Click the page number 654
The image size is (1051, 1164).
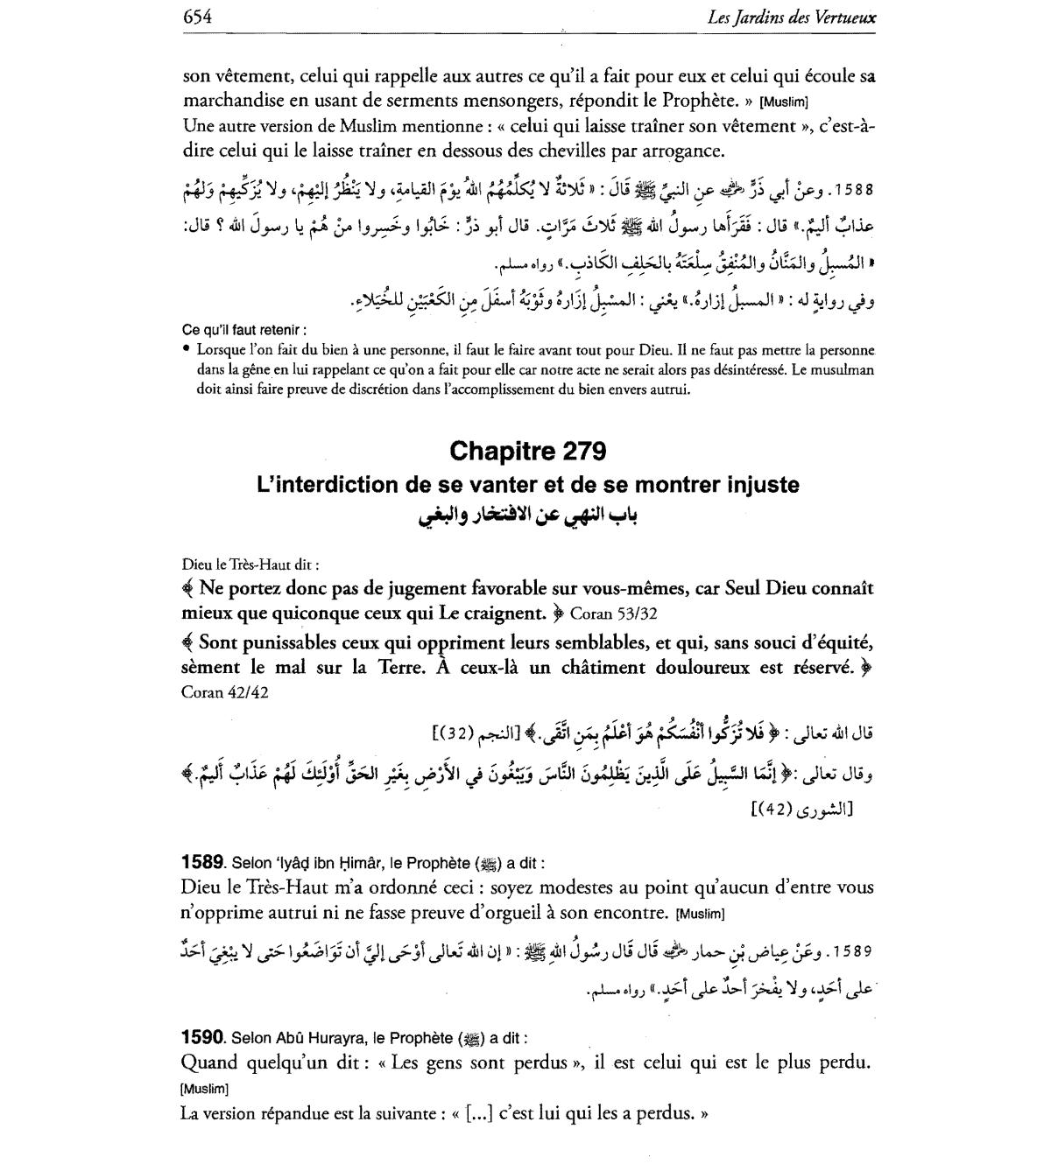(199, 17)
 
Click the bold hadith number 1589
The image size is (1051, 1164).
(204, 862)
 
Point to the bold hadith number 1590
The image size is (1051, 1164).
(204, 1038)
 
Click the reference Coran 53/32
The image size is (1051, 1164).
(613, 612)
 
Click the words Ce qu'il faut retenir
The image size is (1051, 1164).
(244, 330)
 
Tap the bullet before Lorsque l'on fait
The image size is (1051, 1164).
(187, 349)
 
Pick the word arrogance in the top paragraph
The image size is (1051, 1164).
(679, 151)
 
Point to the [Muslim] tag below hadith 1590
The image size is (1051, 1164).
(204, 1089)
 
